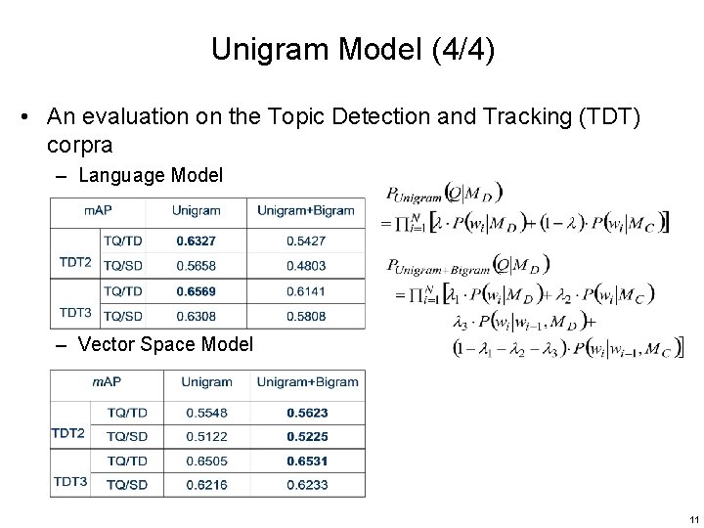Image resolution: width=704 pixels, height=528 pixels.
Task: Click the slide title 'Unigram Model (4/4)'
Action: [x=352, y=50]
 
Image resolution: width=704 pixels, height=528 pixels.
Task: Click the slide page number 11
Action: [x=691, y=518]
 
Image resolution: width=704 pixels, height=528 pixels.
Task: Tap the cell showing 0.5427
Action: [x=307, y=240]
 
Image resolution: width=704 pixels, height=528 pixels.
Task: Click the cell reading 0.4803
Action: [x=307, y=264]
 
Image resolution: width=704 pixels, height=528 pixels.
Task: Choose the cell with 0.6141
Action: [x=307, y=291]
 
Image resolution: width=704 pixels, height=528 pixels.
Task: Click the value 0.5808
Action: [x=307, y=316]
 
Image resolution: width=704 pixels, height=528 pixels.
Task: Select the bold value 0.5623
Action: [x=308, y=413]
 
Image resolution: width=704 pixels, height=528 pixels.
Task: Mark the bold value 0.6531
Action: [x=308, y=461]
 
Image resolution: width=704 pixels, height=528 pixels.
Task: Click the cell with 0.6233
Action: [x=308, y=484]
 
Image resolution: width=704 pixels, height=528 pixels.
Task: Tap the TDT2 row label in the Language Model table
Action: [x=75, y=261]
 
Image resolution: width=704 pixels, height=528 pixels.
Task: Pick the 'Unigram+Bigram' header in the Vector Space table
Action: [x=308, y=381]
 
